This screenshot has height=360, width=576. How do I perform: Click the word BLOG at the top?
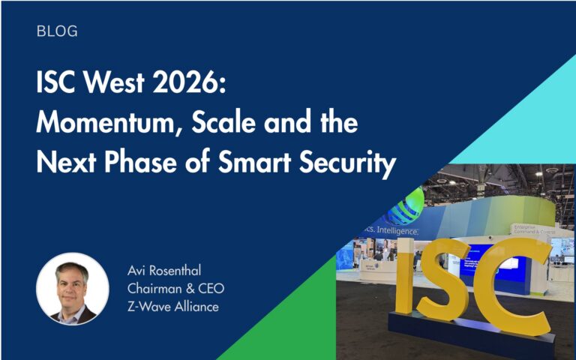56,31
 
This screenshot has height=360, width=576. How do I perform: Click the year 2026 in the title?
189,85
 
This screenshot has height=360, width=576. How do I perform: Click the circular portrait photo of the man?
73,289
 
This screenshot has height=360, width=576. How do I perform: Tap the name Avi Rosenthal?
164,270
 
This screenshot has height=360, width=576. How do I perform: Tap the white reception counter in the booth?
375,271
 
